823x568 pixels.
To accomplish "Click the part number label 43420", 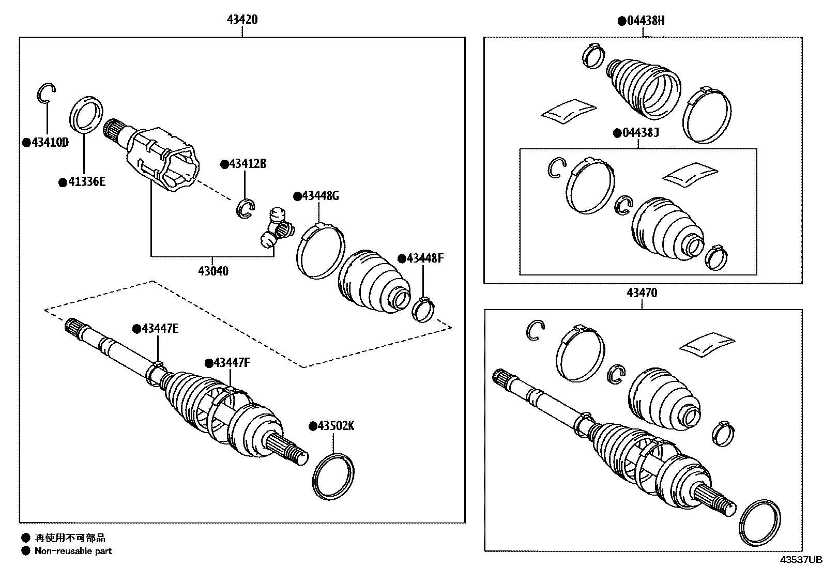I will pyautogui.click(x=242, y=20).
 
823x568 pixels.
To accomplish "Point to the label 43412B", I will pyautogui.click(x=247, y=164).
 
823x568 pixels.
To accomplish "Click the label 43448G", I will pyautogui.click(x=320, y=196).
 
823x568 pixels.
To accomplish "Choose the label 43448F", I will pyautogui.click(x=424, y=258).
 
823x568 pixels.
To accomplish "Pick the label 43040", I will pyautogui.click(x=213, y=271).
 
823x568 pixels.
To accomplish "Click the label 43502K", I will pyautogui.click(x=336, y=426).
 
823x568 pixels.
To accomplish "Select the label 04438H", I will pyautogui.click(x=645, y=21).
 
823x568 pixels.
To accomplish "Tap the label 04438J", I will pyautogui.click(x=639, y=133).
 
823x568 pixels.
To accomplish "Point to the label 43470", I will pyautogui.click(x=642, y=293).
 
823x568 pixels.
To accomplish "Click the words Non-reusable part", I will pyautogui.click(x=73, y=551).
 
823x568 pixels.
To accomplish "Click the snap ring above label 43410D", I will pyautogui.click(x=45, y=93).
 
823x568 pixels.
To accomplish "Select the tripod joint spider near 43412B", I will pyautogui.click(x=277, y=229).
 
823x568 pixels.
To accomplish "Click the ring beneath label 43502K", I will pyautogui.click(x=333, y=477).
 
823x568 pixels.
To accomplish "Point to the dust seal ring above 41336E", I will pyautogui.click(x=86, y=114).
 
